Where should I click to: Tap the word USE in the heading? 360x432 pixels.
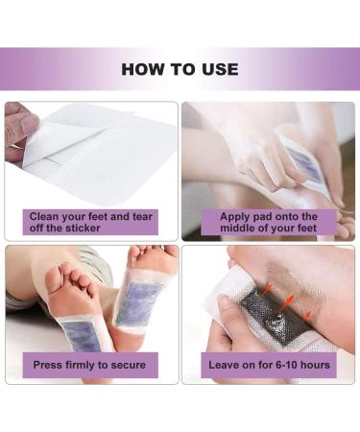click(x=220, y=69)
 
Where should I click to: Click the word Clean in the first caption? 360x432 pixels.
click(x=43, y=217)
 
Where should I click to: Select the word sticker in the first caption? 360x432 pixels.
click(x=83, y=228)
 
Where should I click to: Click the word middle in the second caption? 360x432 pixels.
click(x=238, y=228)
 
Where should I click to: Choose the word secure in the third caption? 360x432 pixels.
click(x=129, y=365)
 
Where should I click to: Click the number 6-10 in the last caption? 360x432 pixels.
click(x=283, y=365)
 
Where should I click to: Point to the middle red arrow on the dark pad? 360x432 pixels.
click(x=288, y=300)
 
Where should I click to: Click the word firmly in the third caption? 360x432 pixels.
click(x=82, y=365)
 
